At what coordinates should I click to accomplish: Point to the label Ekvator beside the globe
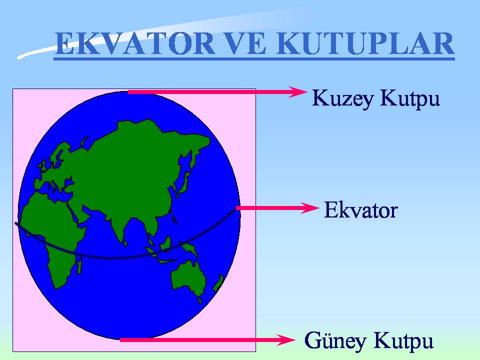[360, 210]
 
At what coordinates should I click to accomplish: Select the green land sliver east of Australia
[218, 283]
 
